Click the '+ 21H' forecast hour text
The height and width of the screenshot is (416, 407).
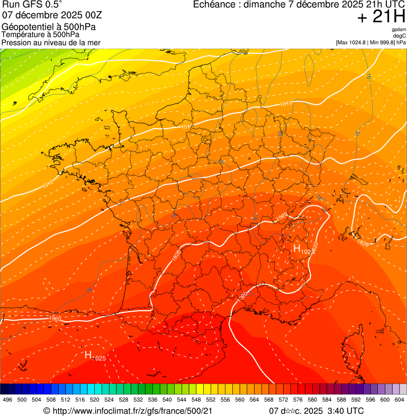click(x=381, y=17)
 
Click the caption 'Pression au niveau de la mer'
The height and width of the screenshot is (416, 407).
click(x=51, y=42)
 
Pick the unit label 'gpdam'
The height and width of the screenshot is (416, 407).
click(x=399, y=30)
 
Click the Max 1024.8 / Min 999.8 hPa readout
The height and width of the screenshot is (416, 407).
click(x=370, y=42)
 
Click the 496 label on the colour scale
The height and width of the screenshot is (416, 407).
click(x=7, y=400)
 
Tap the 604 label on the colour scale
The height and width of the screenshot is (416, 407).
click(x=400, y=400)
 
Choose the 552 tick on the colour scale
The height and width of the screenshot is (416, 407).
click(x=210, y=400)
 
